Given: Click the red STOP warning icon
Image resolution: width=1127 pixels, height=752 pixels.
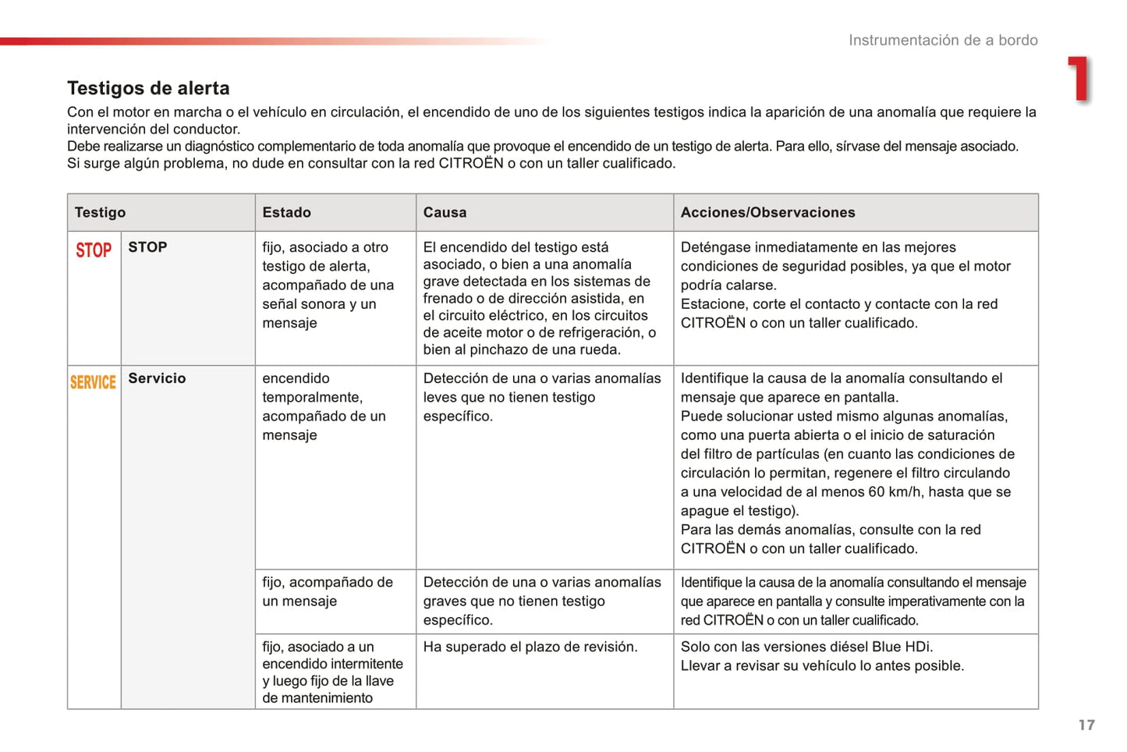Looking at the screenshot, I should (94, 250).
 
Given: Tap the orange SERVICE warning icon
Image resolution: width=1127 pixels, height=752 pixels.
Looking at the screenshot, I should (93, 382).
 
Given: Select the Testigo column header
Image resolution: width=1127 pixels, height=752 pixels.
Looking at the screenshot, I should (100, 212).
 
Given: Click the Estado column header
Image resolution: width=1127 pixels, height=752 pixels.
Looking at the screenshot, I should (286, 212).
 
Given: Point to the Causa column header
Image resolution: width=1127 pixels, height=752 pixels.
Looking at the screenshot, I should (445, 212).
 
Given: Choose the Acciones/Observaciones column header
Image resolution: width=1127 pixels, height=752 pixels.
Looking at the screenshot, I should (767, 212).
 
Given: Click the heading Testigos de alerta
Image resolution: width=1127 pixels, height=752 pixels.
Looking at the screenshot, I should (148, 88).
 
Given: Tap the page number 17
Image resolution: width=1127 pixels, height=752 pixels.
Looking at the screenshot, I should (1086, 725).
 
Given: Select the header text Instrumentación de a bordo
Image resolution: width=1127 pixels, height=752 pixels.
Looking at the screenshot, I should (943, 41).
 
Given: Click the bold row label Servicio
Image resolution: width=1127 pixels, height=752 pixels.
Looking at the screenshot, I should (157, 378).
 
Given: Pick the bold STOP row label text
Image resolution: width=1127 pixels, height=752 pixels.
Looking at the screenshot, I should (147, 247).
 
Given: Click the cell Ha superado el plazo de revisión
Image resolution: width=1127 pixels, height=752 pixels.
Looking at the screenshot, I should (530, 647).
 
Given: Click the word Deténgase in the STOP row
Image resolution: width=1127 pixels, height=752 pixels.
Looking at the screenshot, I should (716, 247).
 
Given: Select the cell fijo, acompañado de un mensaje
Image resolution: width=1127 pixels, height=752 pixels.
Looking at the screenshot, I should (327, 591).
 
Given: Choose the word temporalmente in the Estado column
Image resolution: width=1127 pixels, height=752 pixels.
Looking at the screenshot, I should (310, 397).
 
